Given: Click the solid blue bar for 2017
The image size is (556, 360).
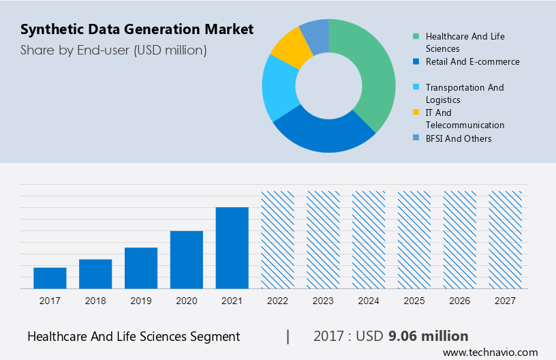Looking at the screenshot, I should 50,277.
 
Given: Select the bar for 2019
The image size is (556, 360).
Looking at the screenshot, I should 141,267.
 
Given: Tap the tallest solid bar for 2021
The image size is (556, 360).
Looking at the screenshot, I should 232,247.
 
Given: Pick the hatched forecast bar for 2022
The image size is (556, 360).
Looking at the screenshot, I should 278,239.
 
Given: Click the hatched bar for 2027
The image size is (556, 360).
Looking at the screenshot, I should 506,239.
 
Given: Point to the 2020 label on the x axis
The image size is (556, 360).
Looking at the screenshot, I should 187,301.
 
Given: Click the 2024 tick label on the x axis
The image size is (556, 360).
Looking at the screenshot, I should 369,301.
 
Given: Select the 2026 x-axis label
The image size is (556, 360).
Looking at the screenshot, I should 460,301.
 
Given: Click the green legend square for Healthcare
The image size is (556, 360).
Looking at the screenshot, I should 415,36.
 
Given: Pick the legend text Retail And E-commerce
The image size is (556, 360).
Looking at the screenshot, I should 472,61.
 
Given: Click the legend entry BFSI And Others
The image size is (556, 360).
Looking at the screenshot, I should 458,138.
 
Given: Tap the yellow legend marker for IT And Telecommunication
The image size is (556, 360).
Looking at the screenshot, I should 415,112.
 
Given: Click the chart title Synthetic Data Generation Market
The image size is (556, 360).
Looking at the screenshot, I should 137,29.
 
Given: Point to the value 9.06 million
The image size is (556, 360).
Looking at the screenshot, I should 428,336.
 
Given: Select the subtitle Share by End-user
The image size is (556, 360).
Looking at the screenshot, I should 113,50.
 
